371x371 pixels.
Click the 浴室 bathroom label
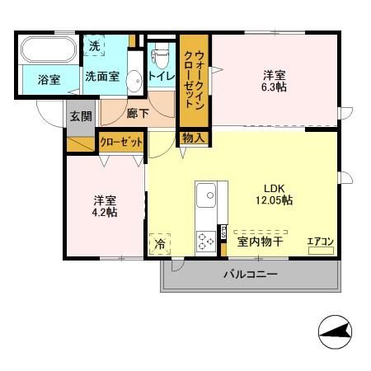(x=49, y=80)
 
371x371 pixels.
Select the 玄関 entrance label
(x=80, y=115)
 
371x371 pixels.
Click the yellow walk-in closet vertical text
(x=194, y=79)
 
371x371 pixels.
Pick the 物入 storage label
(x=193, y=139)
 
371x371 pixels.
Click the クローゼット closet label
(x=121, y=142)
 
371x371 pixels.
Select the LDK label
(x=274, y=185)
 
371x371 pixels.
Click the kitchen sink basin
(x=207, y=196)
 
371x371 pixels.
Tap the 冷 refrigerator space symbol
(x=160, y=244)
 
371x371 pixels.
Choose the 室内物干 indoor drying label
(x=261, y=242)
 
